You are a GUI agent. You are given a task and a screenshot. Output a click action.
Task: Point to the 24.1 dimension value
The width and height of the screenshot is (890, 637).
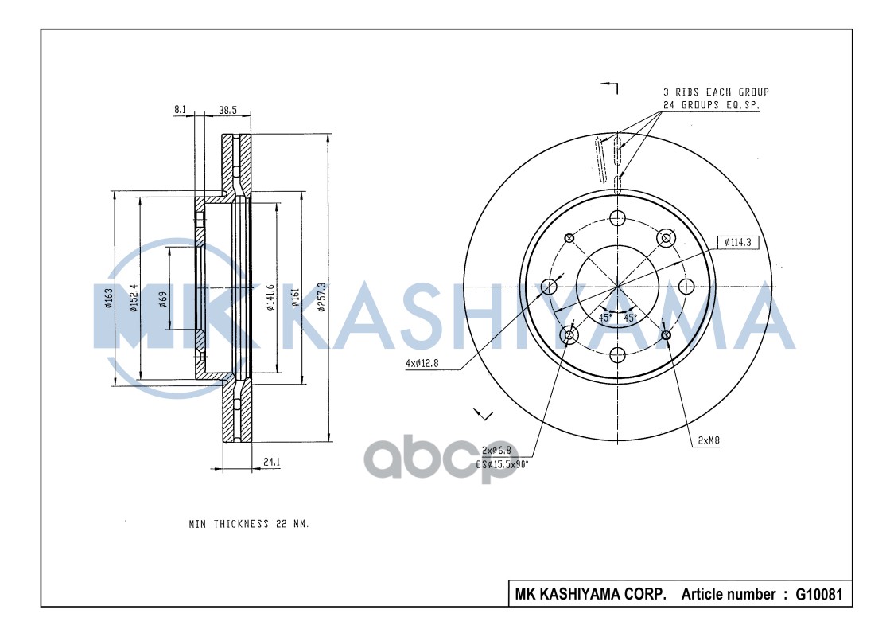tap(271, 461)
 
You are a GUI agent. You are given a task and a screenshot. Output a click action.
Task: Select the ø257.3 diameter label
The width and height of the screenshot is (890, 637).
tap(321, 297)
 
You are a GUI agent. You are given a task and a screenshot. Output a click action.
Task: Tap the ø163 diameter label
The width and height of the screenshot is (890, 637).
tap(108, 298)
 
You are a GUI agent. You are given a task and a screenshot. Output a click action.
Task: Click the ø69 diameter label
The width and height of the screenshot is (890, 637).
tap(162, 299)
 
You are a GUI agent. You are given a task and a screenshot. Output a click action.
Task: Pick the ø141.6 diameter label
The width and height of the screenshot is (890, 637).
tap(270, 297)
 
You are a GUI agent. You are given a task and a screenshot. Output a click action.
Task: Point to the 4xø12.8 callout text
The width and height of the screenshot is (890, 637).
tap(422, 364)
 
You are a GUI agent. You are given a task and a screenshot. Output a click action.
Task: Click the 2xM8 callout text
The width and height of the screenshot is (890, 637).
tap(709, 440)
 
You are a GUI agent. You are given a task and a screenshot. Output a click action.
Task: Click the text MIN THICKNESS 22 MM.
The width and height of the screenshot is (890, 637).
tap(248, 525)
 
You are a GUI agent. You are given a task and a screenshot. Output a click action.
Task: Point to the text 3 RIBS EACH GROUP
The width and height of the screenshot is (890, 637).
tap(716, 92)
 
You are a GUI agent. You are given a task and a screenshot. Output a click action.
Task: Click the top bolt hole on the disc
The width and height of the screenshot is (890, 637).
tap(618, 217)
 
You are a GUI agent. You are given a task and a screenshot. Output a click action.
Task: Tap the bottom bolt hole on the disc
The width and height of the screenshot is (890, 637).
tap(618, 355)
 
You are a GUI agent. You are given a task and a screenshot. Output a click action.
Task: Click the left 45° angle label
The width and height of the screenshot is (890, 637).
tap(604, 317)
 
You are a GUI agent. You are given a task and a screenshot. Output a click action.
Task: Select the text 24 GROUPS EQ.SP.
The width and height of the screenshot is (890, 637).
tap(710, 105)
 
